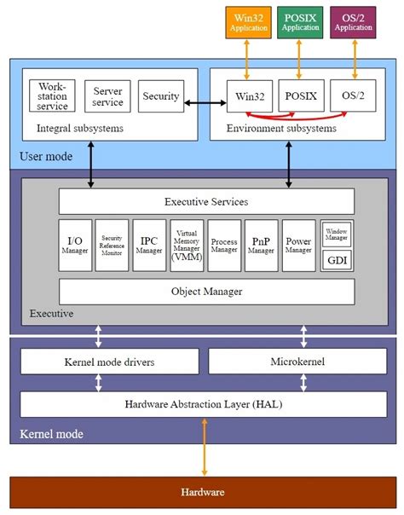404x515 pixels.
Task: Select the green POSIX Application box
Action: [x=300, y=21]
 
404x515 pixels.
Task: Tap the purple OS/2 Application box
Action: [x=353, y=21]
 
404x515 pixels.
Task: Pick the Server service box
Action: [x=107, y=96]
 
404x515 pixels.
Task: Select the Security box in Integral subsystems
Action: [x=160, y=96]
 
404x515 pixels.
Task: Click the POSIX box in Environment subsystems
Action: [x=300, y=96]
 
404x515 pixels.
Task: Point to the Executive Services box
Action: [x=206, y=202]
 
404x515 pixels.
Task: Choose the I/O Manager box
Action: [x=75, y=246]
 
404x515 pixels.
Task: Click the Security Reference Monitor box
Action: [x=113, y=246]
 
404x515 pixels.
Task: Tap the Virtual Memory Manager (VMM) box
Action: [x=188, y=246]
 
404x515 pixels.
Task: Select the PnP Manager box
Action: [x=261, y=246]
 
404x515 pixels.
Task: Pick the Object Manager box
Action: [x=206, y=292]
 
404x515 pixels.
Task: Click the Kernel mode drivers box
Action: [x=109, y=362]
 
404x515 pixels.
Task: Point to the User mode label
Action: [x=44, y=157]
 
